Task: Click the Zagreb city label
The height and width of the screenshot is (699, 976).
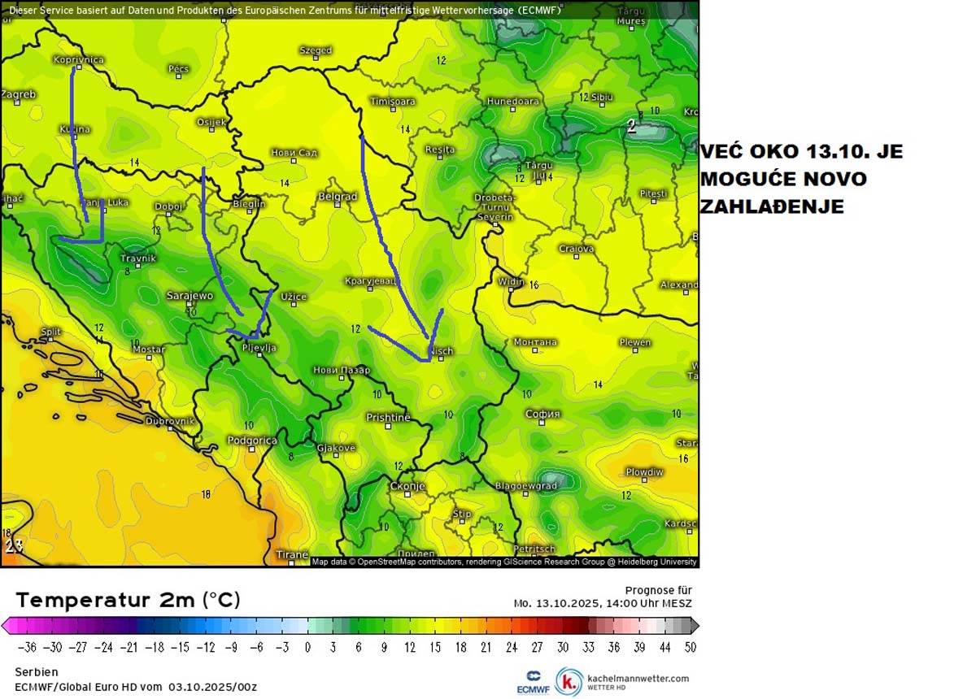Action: tap(18, 94)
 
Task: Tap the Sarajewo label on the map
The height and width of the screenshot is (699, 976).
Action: tap(189, 296)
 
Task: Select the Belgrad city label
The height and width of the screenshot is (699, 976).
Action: tap(338, 197)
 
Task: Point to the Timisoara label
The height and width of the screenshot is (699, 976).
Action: tap(392, 102)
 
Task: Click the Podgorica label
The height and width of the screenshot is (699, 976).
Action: tap(252, 440)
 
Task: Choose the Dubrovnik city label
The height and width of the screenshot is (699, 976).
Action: tap(170, 421)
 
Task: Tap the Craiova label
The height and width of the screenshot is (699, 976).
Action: tap(576, 249)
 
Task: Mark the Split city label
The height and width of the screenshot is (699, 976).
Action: tap(50, 332)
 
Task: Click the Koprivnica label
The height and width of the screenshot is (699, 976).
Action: tap(78, 59)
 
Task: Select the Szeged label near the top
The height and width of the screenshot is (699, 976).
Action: tap(316, 50)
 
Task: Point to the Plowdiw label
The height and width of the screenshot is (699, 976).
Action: tap(644, 472)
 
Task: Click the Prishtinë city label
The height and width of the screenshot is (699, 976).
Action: tap(388, 418)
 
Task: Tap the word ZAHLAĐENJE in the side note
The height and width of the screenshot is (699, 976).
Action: tap(771, 207)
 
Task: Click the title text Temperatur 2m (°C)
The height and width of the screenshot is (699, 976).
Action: tap(128, 600)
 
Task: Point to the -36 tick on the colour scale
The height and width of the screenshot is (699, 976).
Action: tap(29, 647)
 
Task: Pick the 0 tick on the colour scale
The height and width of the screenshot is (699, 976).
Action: tap(307, 647)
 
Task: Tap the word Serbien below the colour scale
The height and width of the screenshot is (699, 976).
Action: tap(36, 672)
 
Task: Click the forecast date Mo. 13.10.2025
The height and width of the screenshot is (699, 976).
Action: tap(556, 603)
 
